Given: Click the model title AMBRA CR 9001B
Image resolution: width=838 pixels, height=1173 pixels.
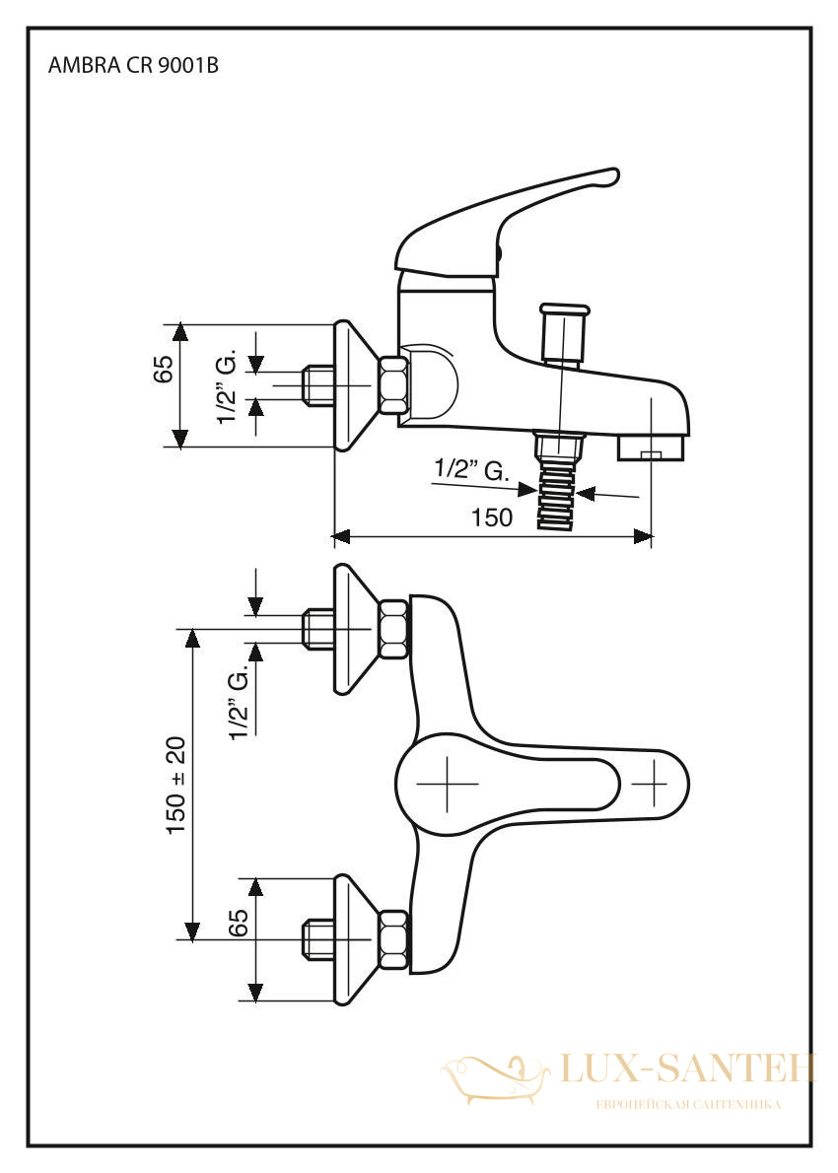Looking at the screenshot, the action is (133, 66).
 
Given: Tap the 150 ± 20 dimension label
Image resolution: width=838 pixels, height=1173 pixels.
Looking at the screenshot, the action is (176, 786).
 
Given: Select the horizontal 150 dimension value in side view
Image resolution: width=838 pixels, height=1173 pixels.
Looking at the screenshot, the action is (492, 517).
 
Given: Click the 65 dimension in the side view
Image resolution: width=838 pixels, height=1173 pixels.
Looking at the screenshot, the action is (164, 368).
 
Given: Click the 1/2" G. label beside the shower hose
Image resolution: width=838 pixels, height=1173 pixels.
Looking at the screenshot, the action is (472, 470).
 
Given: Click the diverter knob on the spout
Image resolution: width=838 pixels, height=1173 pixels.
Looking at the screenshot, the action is (564, 332).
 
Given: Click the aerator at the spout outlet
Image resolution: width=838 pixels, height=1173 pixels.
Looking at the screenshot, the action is (651, 448).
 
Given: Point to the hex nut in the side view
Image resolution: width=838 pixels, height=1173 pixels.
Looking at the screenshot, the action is (394, 385).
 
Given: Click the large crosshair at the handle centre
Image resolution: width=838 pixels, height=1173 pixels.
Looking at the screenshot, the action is (447, 784).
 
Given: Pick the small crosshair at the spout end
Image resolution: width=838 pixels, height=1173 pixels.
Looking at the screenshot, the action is (649, 784).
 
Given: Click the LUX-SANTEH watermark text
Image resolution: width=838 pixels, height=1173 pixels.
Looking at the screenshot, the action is (687, 1069).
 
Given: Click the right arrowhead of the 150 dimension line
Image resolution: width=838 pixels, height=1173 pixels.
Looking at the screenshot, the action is (643, 535).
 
